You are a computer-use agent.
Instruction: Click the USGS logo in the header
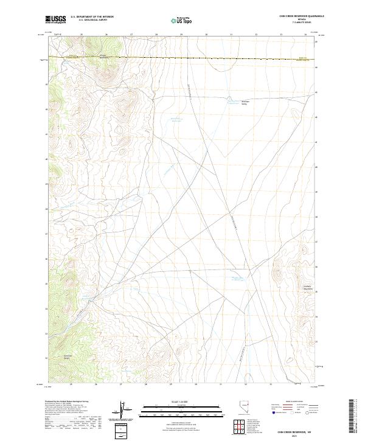pyautogui.click(x=55, y=19)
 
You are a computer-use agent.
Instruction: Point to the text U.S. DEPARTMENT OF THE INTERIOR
pyautogui.click(x=92, y=17)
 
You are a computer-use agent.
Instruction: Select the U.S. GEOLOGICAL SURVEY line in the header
pyautogui.click(x=92, y=20)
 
